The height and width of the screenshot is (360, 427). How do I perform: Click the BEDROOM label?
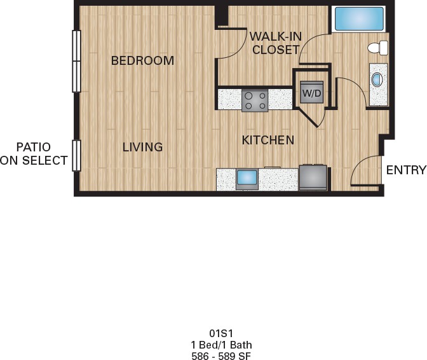(142, 60)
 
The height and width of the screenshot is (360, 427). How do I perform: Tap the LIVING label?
(142, 147)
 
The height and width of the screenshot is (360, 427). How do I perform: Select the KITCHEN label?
(268, 140)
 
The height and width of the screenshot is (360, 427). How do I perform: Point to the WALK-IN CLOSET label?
(276, 43)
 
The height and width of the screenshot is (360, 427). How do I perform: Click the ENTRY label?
(406, 170)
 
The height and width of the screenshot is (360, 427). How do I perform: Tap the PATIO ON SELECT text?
(34, 154)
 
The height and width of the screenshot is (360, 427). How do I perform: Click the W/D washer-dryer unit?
(312, 92)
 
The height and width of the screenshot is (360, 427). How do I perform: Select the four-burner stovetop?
(255, 100)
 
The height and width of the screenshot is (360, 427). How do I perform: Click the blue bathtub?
(359, 19)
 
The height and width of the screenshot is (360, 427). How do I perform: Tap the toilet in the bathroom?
(377, 48)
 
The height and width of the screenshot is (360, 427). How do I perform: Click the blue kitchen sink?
(247, 177)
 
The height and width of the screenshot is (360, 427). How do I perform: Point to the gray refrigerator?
(313, 177)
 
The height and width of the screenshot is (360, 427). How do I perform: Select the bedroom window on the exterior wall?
(76, 61)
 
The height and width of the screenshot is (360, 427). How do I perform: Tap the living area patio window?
(76, 156)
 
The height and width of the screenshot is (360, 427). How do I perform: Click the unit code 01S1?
(221, 333)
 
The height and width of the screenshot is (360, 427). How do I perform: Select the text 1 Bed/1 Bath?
(221, 345)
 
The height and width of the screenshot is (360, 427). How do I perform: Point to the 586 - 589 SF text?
(221, 356)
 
